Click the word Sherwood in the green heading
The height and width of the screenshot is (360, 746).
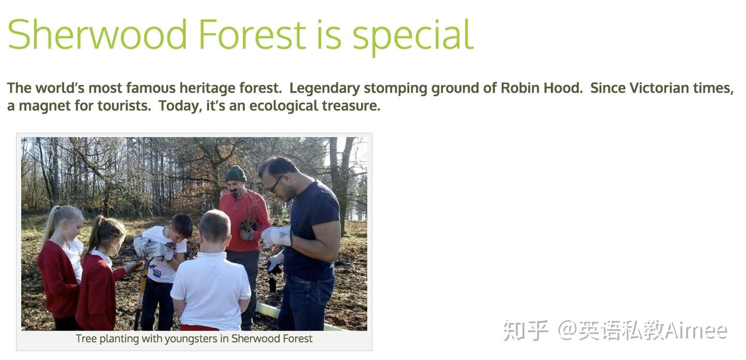coord(97,34)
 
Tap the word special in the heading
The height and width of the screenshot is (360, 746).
coord(413,37)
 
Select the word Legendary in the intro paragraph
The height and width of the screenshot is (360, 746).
coord(324,89)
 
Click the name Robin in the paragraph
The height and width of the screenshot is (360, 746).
coord(521,88)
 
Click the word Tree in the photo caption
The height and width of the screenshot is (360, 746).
coord(86,338)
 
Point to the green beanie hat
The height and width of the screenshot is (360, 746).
coord(236,174)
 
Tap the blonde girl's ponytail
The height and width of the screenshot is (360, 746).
coord(51,224)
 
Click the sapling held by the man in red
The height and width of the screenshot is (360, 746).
coord(248,212)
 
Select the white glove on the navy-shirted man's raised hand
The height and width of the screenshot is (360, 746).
coord(276,236)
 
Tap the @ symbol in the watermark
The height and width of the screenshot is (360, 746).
coord(567,330)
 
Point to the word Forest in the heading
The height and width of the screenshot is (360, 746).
coord(252,35)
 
